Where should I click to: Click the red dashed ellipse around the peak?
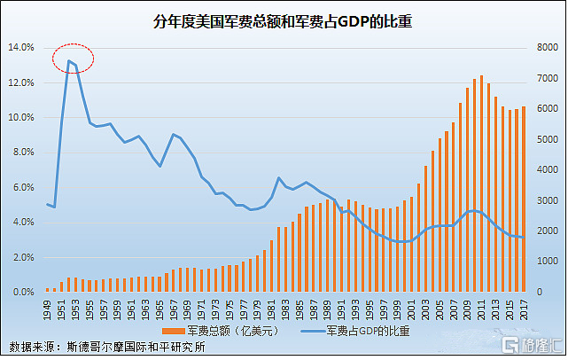tap(73, 57)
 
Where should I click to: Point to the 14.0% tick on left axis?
tap(21, 47)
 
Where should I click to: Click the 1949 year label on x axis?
tap(48, 309)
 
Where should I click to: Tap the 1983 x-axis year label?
tap(285, 309)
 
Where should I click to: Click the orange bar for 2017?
tap(523, 199)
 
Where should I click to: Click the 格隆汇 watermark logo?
tap(529, 344)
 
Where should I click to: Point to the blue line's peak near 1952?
tap(68, 60)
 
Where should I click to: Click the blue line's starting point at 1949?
tap(48, 204)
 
